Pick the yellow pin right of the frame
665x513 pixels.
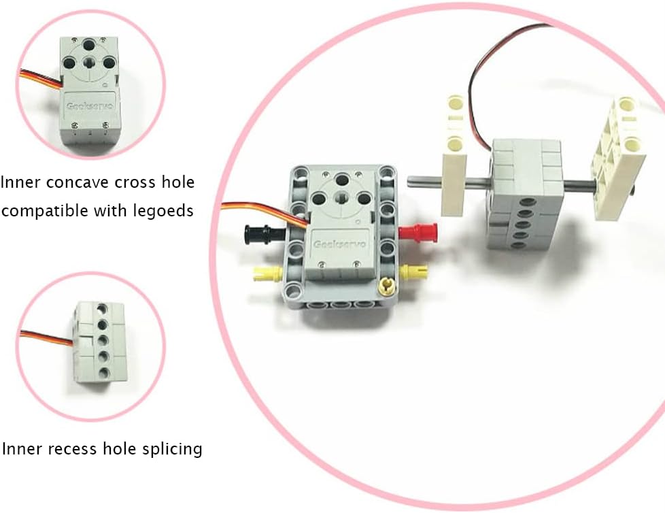[410, 270]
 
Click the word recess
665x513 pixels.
[71, 449]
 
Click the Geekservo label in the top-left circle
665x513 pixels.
[90, 106]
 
